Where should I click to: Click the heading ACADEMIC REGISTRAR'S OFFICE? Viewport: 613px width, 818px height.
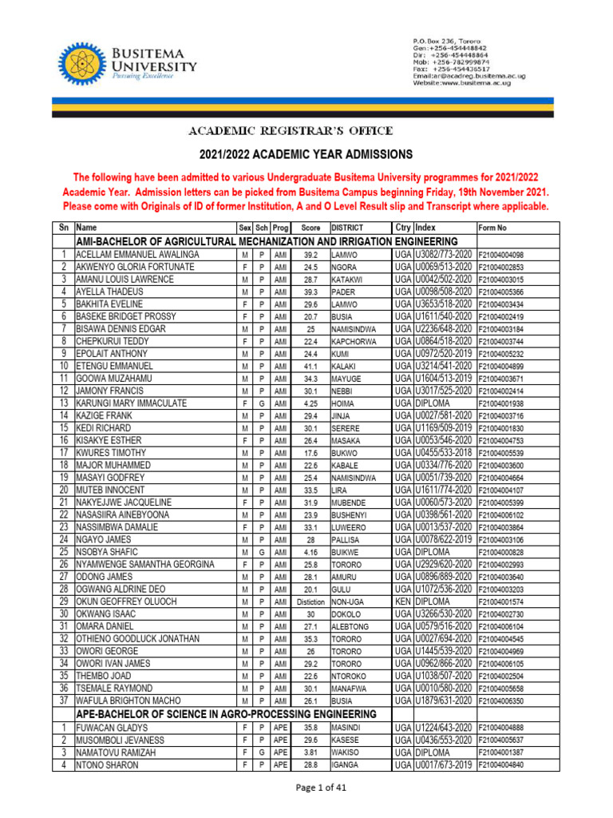[x=291, y=130]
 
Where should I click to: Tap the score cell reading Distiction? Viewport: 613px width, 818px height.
[x=310, y=602]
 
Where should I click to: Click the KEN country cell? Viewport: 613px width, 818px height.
[x=402, y=602]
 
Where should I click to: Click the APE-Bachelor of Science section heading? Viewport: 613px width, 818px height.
[x=225, y=713]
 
